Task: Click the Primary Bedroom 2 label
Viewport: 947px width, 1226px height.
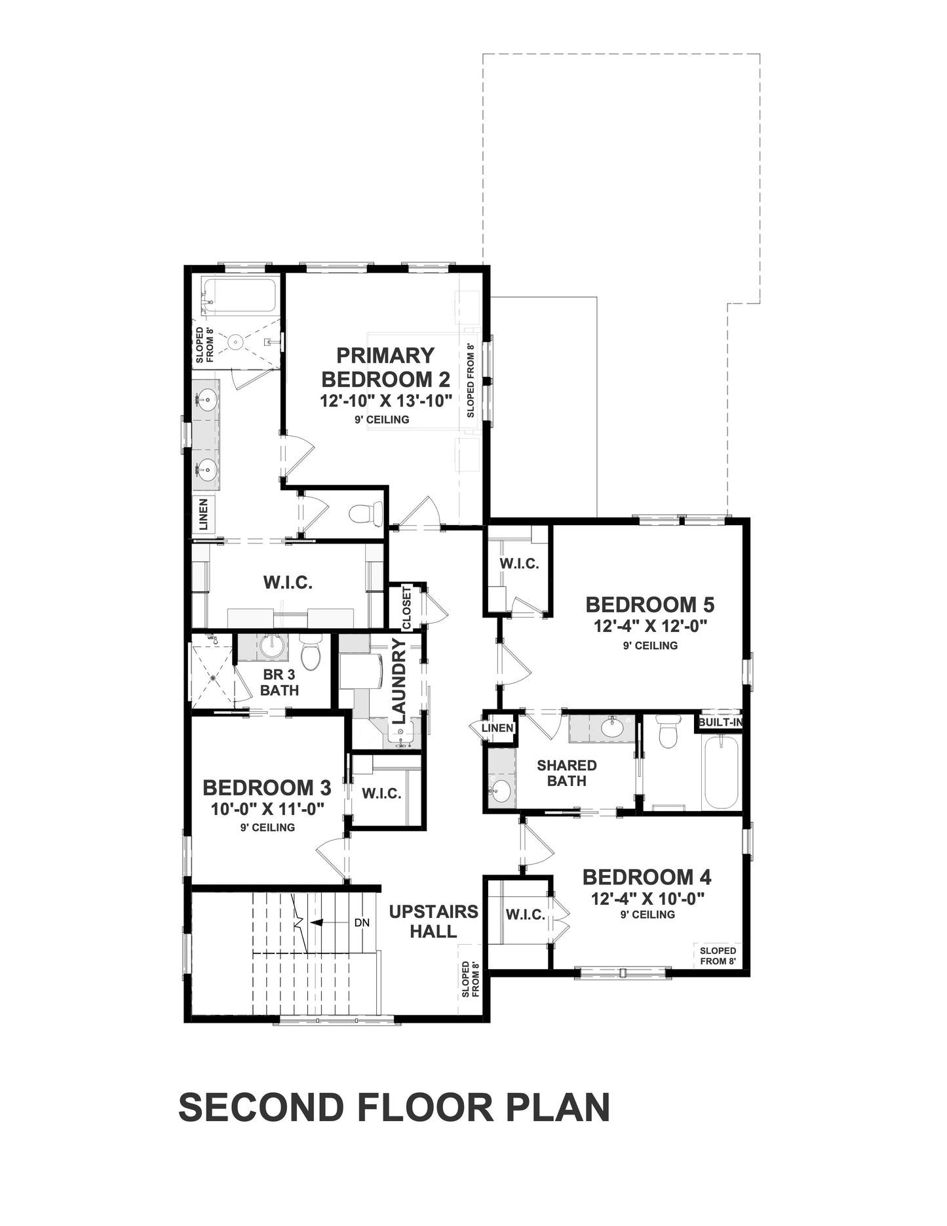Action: click(x=386, y=367)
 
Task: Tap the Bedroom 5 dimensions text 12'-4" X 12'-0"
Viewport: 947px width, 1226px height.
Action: click(x=650, y=626)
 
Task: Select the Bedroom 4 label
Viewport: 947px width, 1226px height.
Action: click(x=647, y=877)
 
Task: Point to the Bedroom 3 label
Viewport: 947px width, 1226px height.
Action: click(x=267, y=787)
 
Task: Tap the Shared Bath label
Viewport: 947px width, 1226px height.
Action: click(x=567, y=773)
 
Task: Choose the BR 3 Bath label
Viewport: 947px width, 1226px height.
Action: click(x=279, y=682)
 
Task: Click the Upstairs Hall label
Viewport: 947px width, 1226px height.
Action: click(x=434, y=921)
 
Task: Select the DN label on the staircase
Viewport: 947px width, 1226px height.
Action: click(x=362, y=922)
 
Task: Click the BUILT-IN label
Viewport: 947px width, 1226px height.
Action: click(x=720, y=722)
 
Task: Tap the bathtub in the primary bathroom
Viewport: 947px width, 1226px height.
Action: click(x=239, y=296)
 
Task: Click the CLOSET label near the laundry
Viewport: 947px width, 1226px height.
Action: click(x=407, y=608)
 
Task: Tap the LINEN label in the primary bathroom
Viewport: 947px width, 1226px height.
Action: click(x=203, y=515)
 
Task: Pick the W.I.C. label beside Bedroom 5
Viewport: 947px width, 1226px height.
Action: click(x=519, y=563)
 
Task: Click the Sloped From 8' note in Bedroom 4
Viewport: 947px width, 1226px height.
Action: click(x=718, y=956)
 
